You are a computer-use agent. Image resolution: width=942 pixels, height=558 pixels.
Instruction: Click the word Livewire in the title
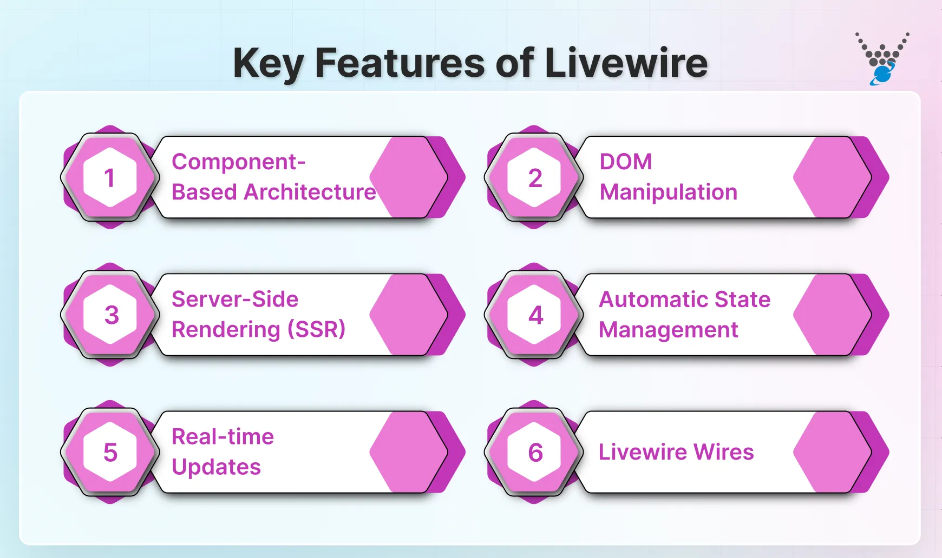coord(626,63)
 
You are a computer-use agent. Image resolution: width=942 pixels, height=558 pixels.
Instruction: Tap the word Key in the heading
coord(268,64)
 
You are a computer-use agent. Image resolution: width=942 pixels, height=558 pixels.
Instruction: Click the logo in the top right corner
coord(882,59)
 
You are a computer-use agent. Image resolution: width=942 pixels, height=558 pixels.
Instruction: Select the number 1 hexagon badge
coord(110,177)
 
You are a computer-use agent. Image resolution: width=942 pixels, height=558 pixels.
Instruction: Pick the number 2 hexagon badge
coord(534,177)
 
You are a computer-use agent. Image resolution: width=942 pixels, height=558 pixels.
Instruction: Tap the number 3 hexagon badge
coord(110,315)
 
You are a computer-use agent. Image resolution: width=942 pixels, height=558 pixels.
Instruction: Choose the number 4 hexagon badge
coord(534,315)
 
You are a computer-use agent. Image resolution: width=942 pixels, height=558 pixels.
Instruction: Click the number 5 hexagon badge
coord(110,452)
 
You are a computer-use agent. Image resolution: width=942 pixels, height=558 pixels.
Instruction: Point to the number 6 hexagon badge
coord(534,452)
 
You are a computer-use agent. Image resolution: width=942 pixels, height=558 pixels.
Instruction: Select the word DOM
coord(626,162)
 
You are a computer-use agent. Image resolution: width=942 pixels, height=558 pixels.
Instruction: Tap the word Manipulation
coord(668,192)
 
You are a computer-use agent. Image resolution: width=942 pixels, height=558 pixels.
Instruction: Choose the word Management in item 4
coord(668,329)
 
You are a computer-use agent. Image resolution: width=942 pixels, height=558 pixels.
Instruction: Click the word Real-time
coord(223,436)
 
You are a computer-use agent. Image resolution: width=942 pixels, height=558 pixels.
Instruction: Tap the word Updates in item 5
coord(216,467)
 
